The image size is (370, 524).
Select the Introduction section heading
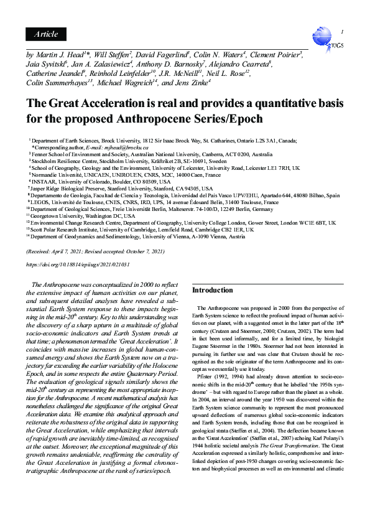[213, 290]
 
